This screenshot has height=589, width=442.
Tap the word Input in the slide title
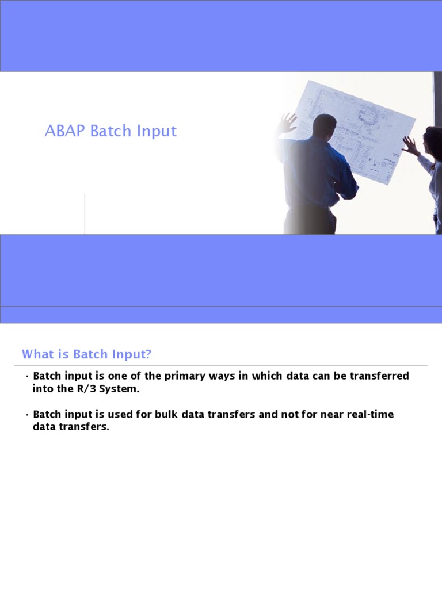click(157, 131)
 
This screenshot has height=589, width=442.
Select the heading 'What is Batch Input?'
click(86, 354)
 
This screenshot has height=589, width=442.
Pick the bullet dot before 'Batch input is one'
click(27, 377)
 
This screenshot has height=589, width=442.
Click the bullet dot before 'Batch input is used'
click(27, 415)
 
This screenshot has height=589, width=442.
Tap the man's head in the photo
click(325, 125)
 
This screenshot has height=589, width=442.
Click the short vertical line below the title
click(85, 214)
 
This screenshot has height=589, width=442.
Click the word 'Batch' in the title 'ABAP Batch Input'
click(110, 131)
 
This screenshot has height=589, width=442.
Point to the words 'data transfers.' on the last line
click(71, 428)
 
